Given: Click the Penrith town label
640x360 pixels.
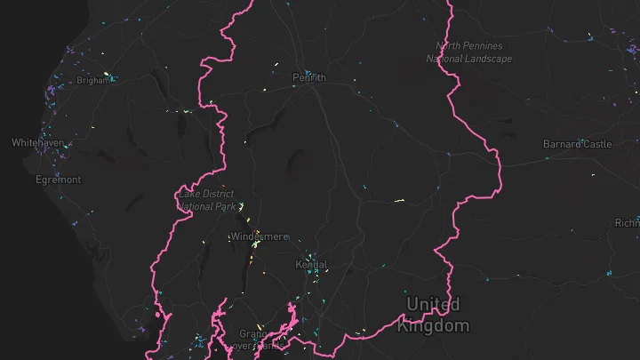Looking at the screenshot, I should pos(309,78).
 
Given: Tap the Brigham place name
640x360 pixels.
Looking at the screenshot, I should pos(92,80).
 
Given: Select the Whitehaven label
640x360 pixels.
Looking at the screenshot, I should pos(37,142).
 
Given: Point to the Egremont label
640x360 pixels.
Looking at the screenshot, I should pos(59,180).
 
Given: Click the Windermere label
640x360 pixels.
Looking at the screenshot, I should pos(259,236).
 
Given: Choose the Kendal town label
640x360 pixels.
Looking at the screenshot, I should pos(311,265).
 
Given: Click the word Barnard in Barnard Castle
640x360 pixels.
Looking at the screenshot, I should pos(563,144).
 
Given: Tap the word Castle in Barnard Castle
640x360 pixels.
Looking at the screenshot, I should pos(597,144).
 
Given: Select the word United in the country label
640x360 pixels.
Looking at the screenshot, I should pos(434,305).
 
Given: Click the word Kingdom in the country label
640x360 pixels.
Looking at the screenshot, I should pos(433,326).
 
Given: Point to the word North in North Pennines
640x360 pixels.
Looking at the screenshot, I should pos(450,46).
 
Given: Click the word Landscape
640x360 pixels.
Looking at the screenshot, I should pos(487,59).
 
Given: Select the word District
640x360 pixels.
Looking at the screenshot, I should pos(219,194).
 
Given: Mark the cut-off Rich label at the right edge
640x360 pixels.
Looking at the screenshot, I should pos(627,223).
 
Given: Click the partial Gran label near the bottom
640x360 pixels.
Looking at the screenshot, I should pos(253,335).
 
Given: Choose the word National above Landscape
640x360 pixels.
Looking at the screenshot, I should pos(444,59).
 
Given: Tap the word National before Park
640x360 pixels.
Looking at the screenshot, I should pos(196,206).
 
